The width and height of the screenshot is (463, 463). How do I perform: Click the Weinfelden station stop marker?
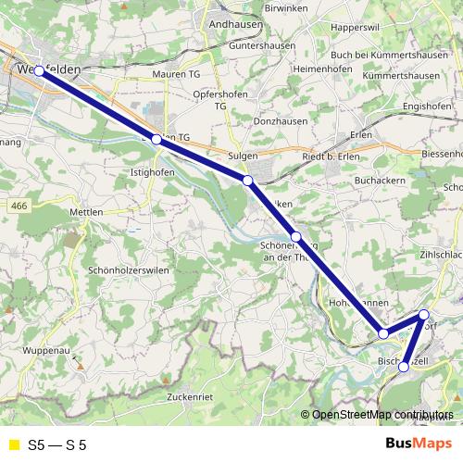tap(39, 70)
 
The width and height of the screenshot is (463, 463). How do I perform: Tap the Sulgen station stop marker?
tap(247, 180)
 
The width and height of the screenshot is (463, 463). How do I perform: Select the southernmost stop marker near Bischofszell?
tap(403, 367)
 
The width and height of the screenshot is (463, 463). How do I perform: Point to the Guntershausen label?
tap(240, 44)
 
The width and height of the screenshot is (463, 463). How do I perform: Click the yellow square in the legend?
tap(12, 444)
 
